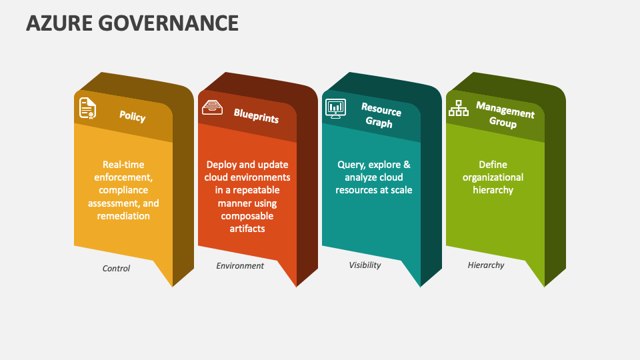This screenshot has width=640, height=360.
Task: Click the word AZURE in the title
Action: click(x=59, y=23)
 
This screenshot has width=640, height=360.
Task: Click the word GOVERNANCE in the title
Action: click(x=168, y=23)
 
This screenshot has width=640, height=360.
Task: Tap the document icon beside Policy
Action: click(x=87, y=108)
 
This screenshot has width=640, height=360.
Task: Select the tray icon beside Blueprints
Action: click(x=212, y=107)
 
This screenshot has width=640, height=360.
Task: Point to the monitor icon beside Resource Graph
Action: click(x=335, y=109)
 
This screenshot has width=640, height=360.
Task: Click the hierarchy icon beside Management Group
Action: click(x=459, y=108)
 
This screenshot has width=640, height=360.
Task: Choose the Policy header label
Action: click(x=132, y=116)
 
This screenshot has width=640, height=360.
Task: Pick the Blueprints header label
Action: click(x=256, y=116)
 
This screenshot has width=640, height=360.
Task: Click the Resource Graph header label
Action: click(x=381, y=116)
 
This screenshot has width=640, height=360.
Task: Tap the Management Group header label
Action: click(x=505, y=115)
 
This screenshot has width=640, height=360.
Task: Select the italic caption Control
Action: click(x=116, y=268)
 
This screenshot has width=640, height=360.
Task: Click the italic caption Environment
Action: click(x=240, y=266)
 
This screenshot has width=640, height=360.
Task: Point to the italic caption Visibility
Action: click(x=365, y=265)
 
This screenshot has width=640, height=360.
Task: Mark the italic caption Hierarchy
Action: click(x=486, y=265)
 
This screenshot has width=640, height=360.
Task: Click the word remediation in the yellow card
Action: click(x=123, y=216)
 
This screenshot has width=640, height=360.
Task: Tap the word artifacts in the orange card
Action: click(x=247, y=229)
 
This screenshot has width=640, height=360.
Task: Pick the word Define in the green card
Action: click(x=493, y=165)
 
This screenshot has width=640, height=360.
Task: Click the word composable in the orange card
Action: click(x=247, y=216)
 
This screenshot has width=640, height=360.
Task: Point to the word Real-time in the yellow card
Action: click(x=123, y=165)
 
